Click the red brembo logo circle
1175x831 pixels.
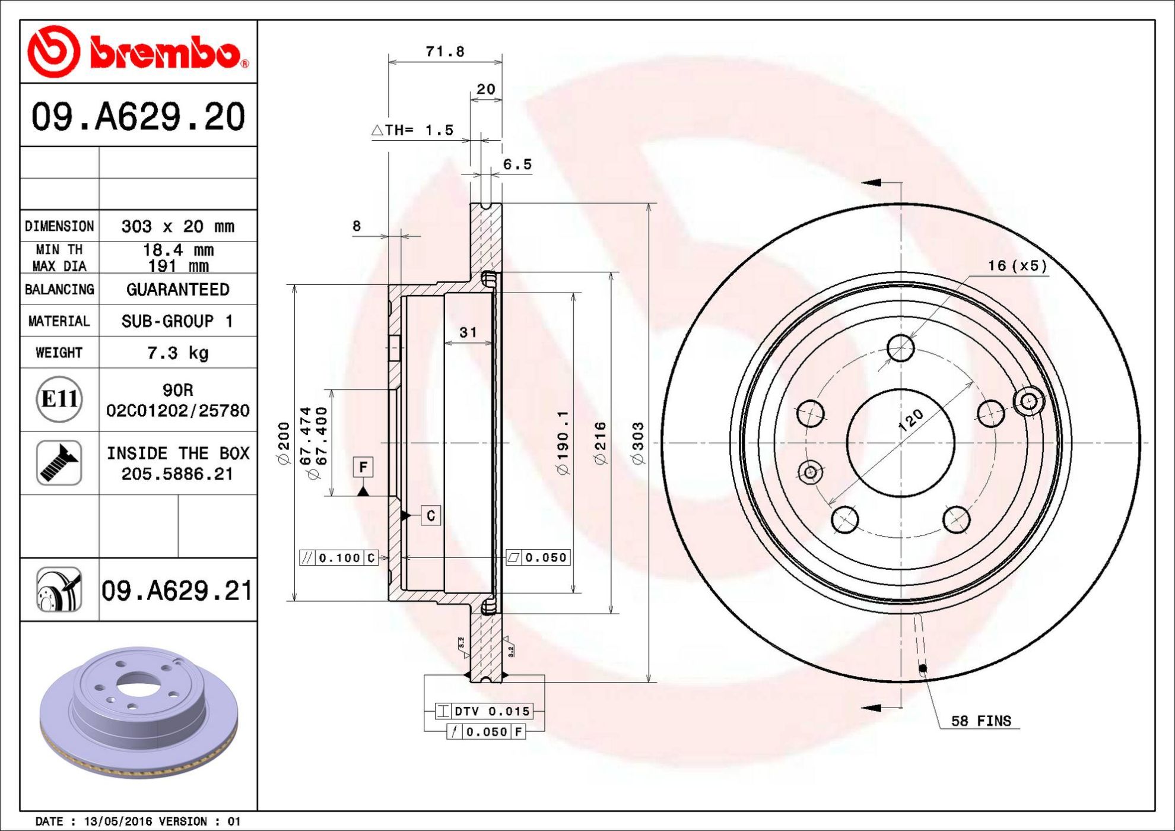tap(53, 52)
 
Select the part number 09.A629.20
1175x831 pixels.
tap(138, 116)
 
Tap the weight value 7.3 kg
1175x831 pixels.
tap(178, 353)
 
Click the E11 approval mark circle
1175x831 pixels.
tap(59, 399)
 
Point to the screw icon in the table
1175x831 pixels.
tap(59, 462)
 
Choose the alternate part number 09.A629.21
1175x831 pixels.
tap(177, 591)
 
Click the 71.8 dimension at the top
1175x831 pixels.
tap(445, 52)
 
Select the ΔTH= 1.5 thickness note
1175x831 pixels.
tap(413, 130)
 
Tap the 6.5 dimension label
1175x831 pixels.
tap(517, 164)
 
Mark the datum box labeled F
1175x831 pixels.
tap(363, 467)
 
